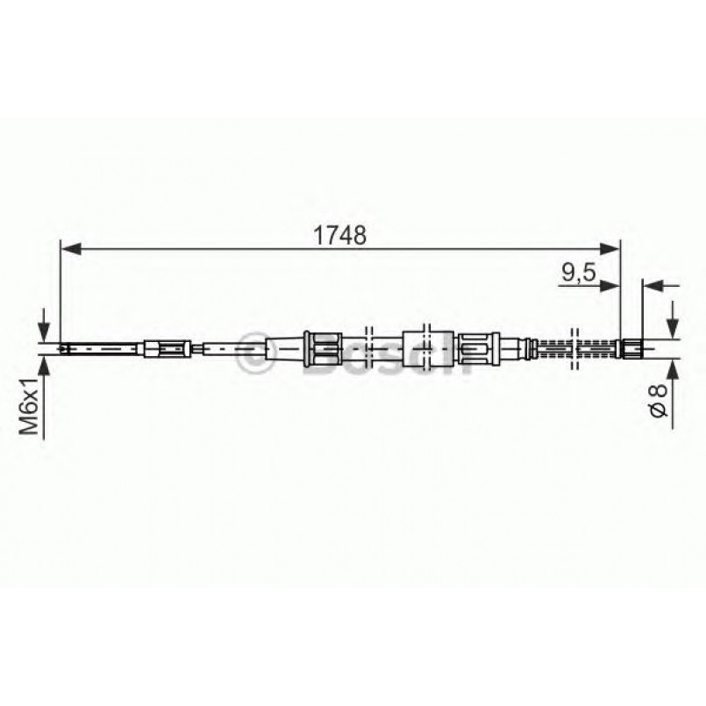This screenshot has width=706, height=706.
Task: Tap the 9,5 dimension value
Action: tap(578, 273)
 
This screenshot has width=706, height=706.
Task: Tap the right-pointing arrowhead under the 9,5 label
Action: tap(612, 286)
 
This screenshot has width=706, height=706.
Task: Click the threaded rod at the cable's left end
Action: tap(101, 349)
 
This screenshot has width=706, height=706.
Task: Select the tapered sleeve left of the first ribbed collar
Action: tap(281, 349)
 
